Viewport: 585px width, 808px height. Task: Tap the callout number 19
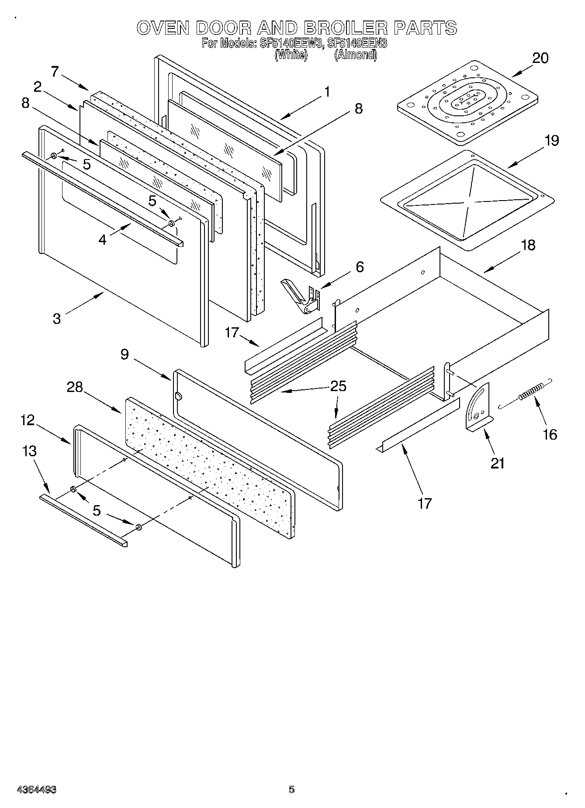click(552, 141)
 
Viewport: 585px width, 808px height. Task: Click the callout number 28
click(75, 387)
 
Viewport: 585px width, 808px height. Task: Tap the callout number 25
click(338, 386)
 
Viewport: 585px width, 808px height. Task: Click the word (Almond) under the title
click(355, 55)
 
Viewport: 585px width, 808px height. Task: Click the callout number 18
click(528, 245)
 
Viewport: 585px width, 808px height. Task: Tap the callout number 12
click(27, 420)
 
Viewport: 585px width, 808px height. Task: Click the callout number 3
click(57, 318)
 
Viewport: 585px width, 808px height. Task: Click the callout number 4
click(102, 240)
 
